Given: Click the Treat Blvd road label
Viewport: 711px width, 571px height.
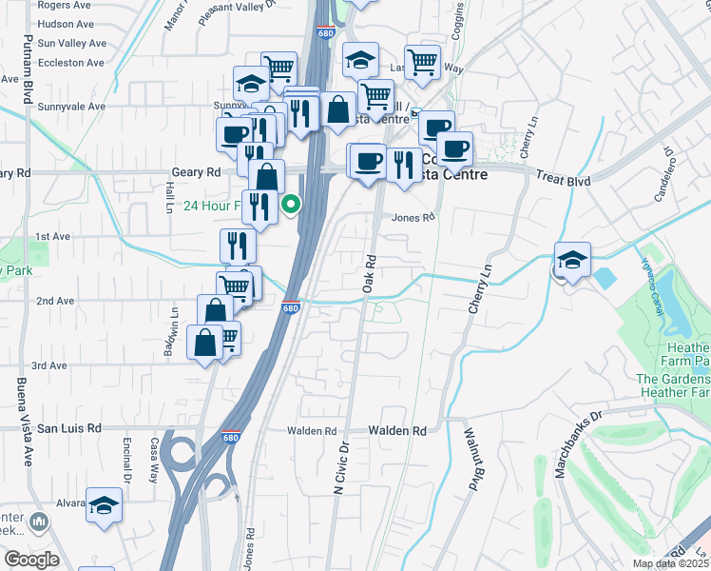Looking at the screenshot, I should (x=564, y=179).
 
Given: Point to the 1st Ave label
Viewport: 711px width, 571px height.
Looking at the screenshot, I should (x=54, y=236).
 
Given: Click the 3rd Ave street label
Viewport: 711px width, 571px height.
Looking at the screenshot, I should (x=49, y=365).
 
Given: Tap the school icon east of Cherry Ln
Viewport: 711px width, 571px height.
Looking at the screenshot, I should (x=573, y=260).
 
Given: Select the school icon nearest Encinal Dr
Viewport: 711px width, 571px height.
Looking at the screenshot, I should (x=105, y=505).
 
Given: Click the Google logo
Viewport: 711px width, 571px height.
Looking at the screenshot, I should (x=31, y=560).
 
